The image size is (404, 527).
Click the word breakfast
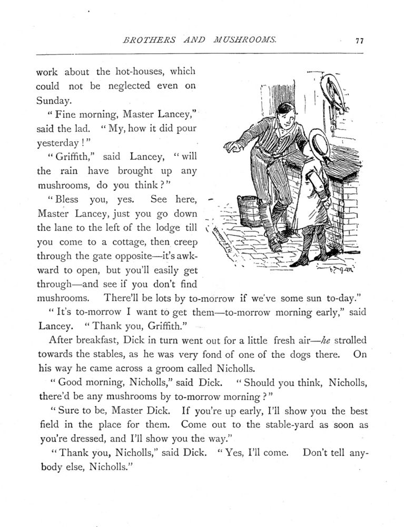(x=102, y=340)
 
